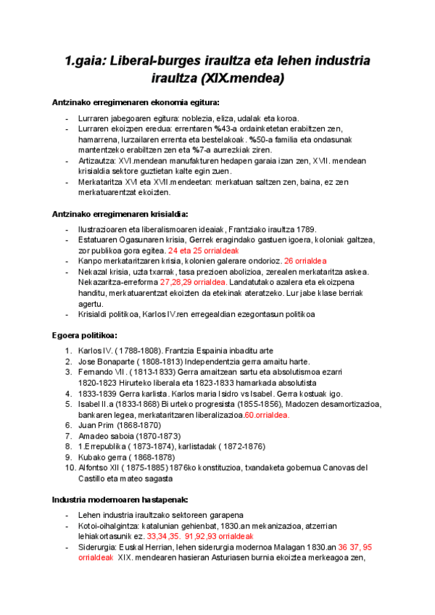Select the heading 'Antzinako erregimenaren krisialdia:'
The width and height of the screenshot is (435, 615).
[120, 214]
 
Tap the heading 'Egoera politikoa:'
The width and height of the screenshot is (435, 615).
[86, 336]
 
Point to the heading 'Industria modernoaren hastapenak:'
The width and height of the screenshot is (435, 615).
[120, 500]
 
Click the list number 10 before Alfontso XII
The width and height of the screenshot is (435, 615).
[70, 468]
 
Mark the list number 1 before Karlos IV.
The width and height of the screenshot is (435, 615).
[68, 351]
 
